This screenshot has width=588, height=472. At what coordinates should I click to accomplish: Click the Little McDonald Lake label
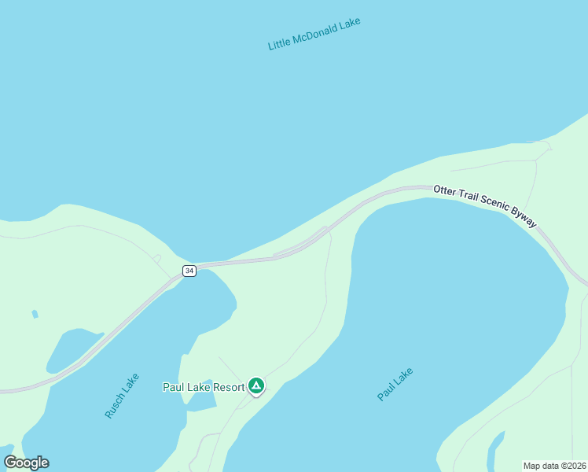[314, 33]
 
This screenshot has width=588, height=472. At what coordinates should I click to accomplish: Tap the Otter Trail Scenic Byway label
[485, 206]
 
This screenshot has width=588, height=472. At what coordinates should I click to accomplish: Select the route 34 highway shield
[189, 271]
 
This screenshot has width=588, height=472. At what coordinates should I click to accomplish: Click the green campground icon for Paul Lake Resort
[255, 385]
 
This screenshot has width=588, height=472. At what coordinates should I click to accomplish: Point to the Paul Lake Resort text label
[204, 386]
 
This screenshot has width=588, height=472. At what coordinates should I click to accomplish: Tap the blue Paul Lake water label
[395, 384]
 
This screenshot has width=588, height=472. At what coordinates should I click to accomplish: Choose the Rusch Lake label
[122, 395]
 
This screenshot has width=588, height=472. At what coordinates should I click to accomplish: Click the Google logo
[27, 463]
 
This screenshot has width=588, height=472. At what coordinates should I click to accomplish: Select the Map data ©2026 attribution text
[554, 466]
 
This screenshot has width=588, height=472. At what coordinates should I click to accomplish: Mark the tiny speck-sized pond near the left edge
[35, 314]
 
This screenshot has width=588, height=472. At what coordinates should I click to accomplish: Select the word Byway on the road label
[524, 220]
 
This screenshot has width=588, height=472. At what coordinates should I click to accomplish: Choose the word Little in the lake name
[279, 43]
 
